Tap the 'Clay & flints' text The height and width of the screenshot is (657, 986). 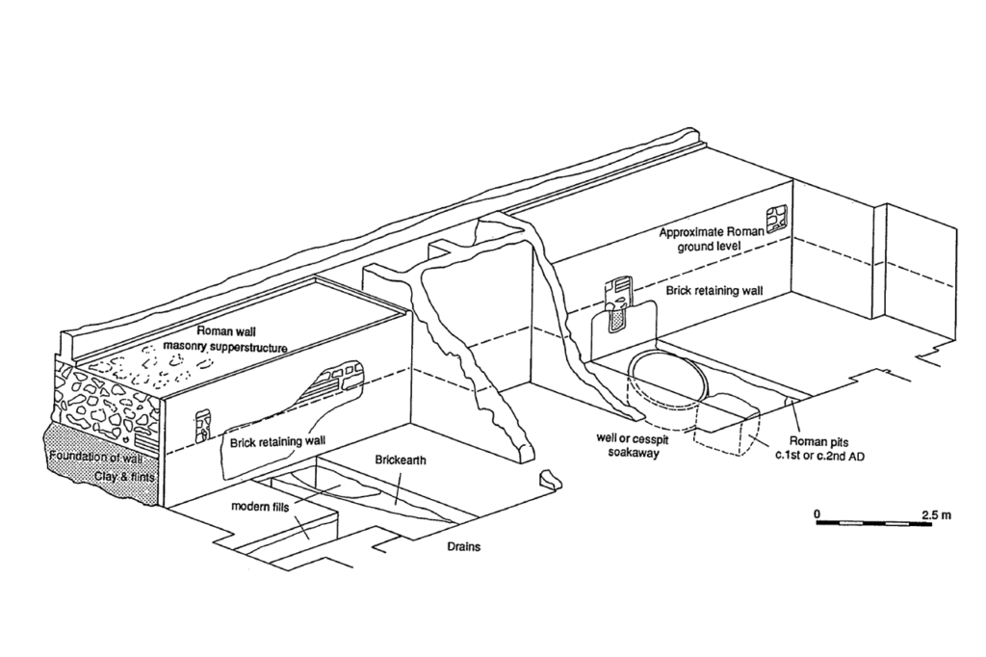click(124, 477)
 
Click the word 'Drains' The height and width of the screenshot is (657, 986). click(463, 546)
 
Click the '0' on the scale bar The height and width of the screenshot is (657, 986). click(817, 513)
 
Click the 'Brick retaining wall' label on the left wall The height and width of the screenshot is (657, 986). click(273, 442)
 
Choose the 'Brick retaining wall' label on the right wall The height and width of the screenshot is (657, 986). click(712, 290)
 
